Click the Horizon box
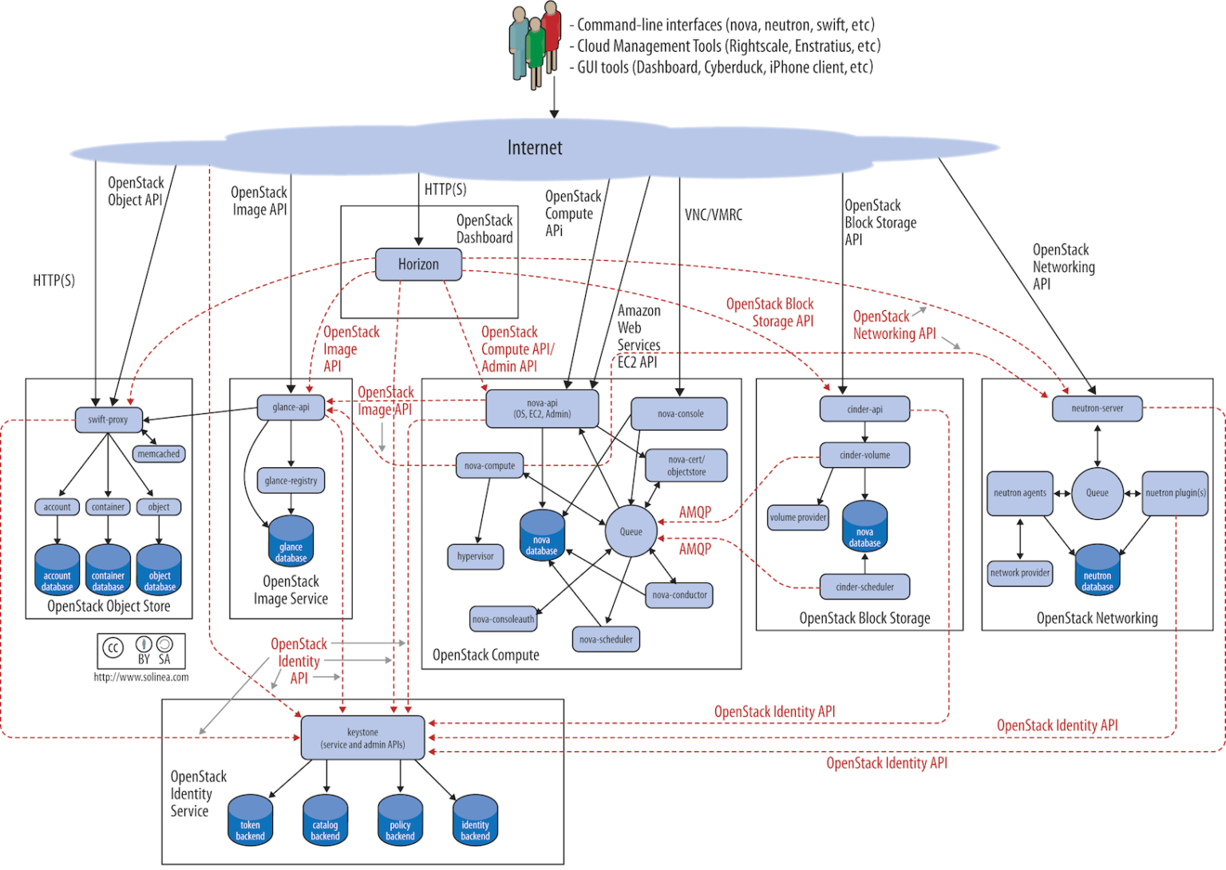[418, 264]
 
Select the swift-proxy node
[108, 419]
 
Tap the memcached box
[159, 454]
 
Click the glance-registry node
[291, 481]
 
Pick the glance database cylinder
[291, 541]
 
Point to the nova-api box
[542, 408]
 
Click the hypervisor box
[475, 557]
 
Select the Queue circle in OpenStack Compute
[631, 532]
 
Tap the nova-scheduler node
[606, 640]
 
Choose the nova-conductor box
[679, 595]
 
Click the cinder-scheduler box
[864, 587]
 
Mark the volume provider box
[797, 518]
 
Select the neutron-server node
[1097, 408]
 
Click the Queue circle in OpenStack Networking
[1097, 493]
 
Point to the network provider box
[1019, 573]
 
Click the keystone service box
[362, 738]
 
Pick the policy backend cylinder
[400, 820]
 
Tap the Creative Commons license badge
[141, 651]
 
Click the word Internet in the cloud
[535, 148]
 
